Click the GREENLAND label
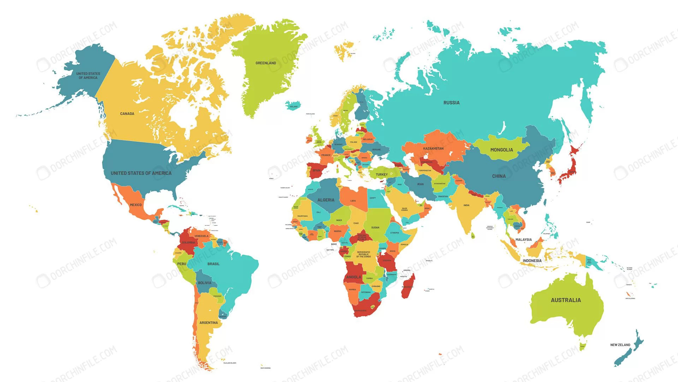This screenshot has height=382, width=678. tap(266, 63)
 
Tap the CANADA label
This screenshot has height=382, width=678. tap(127, 114)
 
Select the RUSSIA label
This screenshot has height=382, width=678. tap(451, 103)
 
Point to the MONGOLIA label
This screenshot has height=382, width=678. tap(501, 150)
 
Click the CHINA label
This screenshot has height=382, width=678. tap(499, 176)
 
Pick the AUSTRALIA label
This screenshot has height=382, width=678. tap(566, 300)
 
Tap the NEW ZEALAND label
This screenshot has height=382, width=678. tap(620, 345)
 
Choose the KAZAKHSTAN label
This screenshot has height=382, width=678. tap(433, 148)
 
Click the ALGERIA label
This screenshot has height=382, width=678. tap(326, 200)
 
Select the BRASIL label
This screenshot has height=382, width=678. tap(213, 264)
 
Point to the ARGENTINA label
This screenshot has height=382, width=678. tap(208, 323)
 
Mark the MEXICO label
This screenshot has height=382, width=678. tap(136, 205)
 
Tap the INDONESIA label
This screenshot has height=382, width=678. tap(532, 261)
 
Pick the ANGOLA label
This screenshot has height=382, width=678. tap(353, 277)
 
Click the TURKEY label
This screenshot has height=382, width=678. tap(381, 174)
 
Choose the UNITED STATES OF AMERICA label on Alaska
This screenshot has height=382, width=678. tap(88, 76)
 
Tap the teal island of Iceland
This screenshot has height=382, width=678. tap(293, 105)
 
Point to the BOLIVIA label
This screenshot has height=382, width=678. tap(204, 283)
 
